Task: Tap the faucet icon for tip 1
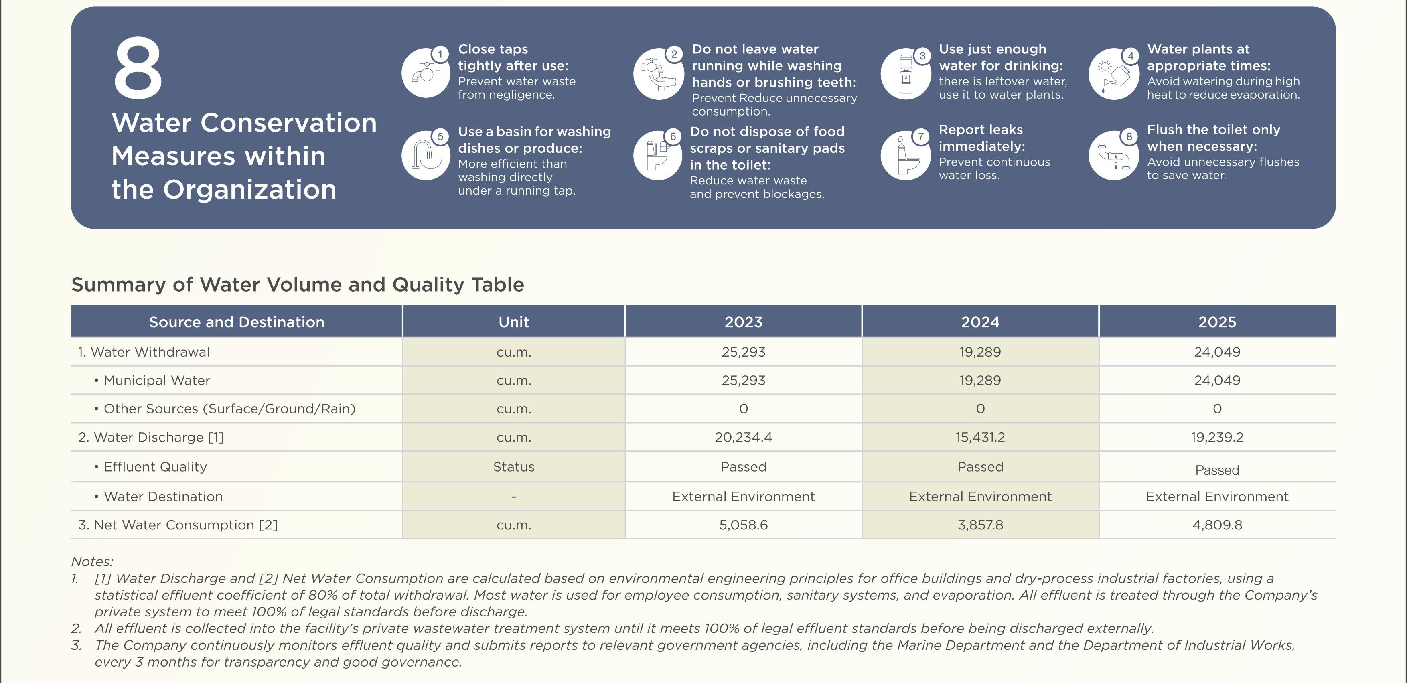coord(426,73)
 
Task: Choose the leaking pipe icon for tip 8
coord(1114,156)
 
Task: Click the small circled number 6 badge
coord(673,136)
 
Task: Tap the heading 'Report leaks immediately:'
coord(981,138)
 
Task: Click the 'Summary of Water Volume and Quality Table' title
coord(298,284)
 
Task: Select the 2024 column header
coord(980,322)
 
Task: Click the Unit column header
coord(513,322)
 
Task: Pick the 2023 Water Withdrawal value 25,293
coord(743,352)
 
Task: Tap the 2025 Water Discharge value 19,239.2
coord(1217,437)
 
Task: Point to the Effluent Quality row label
coord(151,467)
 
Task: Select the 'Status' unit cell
coord(513,467)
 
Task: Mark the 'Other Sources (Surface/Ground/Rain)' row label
coord(225,409)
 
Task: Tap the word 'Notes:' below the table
coord(92,562)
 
